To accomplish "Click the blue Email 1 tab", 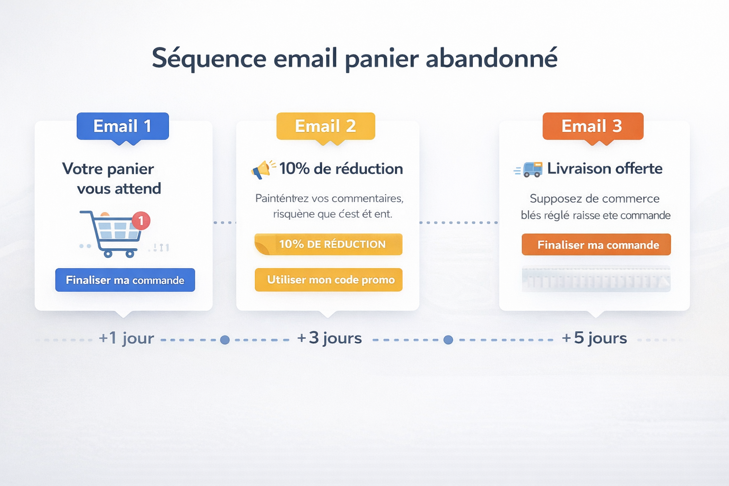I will [122, 126].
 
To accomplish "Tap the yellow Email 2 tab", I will [326, 126].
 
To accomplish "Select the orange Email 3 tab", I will [592, 126].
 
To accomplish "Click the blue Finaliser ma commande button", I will [125, 280].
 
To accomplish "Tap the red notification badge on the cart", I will [141, 221].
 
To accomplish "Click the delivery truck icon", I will [532, 169].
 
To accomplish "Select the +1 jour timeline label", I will [126, 338].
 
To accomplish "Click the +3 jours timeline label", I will [329, 338].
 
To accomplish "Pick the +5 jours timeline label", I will [594, 338].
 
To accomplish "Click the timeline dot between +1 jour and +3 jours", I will [225, 340].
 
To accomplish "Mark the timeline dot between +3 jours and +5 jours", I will [448, 340].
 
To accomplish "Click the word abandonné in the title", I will [491, 58].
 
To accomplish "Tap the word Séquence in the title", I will [209, 58].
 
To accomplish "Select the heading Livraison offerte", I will [604, 168].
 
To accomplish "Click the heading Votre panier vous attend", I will [112, 178].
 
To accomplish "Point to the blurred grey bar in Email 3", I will [596, 279].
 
